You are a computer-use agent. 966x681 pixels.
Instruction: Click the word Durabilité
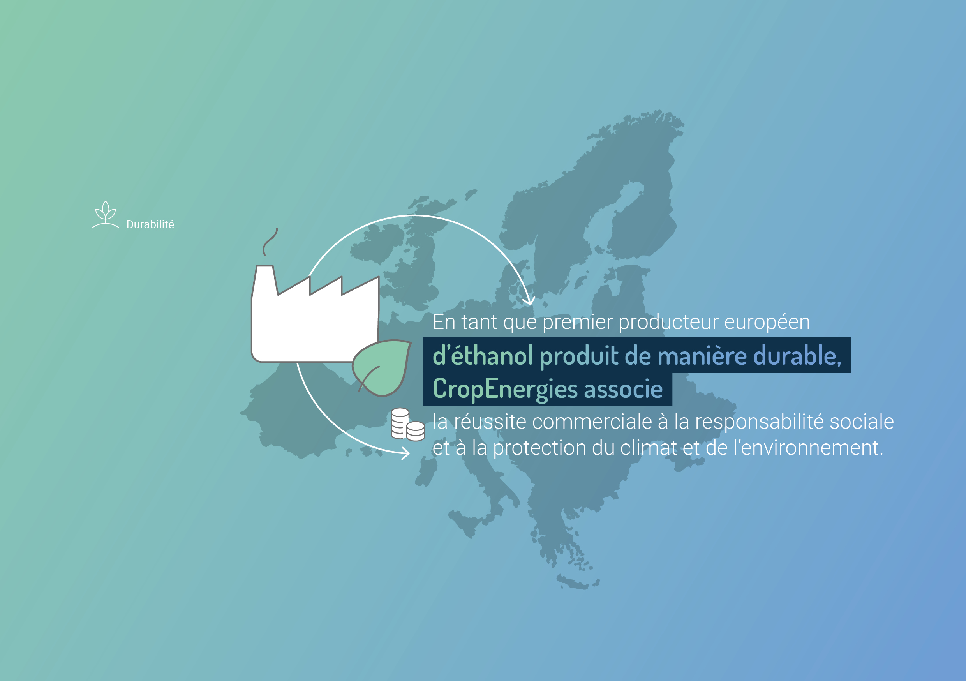(x=150, y=224)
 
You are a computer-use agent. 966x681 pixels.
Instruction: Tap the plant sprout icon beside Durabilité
(x=106, y=215)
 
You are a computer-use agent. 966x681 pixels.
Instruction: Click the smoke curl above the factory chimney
(x=270, y=242)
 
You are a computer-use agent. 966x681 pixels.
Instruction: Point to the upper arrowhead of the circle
(x=529, y=300)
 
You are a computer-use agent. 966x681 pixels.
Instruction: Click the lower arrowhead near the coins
(x=405, y=453)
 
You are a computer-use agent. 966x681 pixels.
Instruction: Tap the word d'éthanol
(x=483, y=355)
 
